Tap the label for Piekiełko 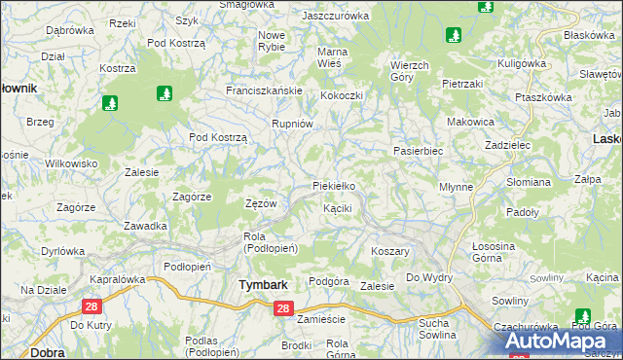340,185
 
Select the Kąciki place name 337,208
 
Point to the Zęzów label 261,203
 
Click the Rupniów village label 291,124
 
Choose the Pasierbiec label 418,152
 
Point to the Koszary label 389,251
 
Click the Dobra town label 20,352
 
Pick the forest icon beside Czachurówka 582,316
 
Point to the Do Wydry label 429,278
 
